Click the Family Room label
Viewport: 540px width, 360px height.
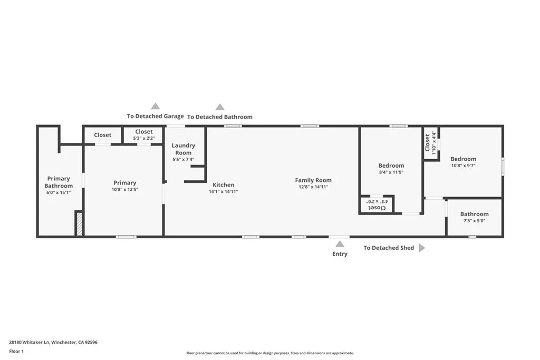(x=313, y=180)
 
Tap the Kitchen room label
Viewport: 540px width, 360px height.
(x=223, y=185)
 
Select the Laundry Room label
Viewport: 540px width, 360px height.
(x=184, y=149)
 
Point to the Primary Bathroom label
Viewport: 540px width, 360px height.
(x=59, y=182)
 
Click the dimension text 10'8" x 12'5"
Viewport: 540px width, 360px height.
(x=124, y=190)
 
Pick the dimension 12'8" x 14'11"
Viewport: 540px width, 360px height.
(x=313, y=187)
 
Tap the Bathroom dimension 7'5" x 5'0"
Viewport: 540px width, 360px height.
(x=474, y=221)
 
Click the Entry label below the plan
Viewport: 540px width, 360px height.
(x=340, y=254)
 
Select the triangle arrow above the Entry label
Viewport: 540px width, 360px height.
(x=340, y=244)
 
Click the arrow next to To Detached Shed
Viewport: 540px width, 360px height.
(x=421, y=248)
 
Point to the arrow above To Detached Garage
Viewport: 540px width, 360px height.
(x=155, y=106)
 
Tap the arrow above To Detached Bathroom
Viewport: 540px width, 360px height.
(x=220, y=107)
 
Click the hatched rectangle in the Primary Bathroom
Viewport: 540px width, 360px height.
(x=80, y=223)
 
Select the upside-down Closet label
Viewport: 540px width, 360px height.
(x=377, y=208)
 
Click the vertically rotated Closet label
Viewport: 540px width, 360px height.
(x=427, y=143)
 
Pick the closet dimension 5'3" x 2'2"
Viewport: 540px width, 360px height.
(x=143, y=139)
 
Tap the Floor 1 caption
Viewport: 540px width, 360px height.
(x=16, y=351)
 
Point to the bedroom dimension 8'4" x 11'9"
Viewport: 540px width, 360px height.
(x=391, y=172)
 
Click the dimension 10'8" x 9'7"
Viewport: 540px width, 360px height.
(x=463, y=166)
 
